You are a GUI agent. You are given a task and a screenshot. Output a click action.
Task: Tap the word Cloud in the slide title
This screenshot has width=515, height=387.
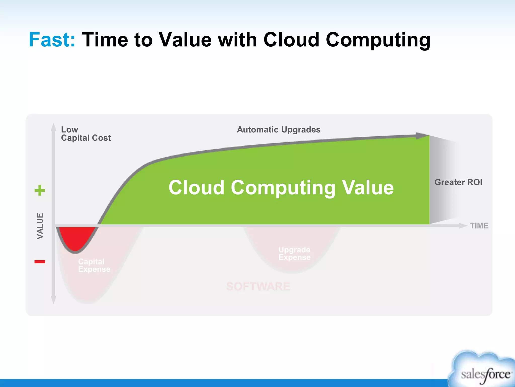[x=291, y=40]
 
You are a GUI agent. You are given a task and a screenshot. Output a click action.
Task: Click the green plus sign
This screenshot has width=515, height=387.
[x=40, y=190]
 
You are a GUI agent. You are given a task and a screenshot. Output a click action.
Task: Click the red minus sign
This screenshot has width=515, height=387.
[x=40, y=262]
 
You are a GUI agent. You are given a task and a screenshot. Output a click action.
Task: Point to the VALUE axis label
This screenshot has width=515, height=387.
[x=40, y=226]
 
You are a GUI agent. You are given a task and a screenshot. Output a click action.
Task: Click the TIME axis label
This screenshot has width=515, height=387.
[x=479, y=226]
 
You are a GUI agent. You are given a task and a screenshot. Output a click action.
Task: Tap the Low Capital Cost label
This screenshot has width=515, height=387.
[x=86, y=134]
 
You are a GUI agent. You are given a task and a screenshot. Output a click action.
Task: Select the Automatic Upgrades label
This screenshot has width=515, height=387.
[x=279, y=130]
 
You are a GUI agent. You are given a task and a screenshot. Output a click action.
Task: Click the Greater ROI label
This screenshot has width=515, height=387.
[x=458, y=182]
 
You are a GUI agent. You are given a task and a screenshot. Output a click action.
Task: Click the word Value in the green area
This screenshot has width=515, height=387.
[x=368, y=188]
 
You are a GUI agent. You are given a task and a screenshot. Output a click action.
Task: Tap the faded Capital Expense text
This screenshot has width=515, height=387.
[x=94, y=265]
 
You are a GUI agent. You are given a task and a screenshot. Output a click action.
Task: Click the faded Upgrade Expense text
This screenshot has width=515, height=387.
[x=294, y=253]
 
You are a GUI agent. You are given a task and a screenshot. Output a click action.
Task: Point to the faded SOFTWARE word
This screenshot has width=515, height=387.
[x=258, y=286]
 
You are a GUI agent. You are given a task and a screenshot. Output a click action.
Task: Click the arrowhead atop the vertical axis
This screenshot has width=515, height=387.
[x=53, y=127]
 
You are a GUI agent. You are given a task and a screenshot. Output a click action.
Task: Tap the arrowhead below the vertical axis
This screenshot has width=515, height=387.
[x=53, y=300]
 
